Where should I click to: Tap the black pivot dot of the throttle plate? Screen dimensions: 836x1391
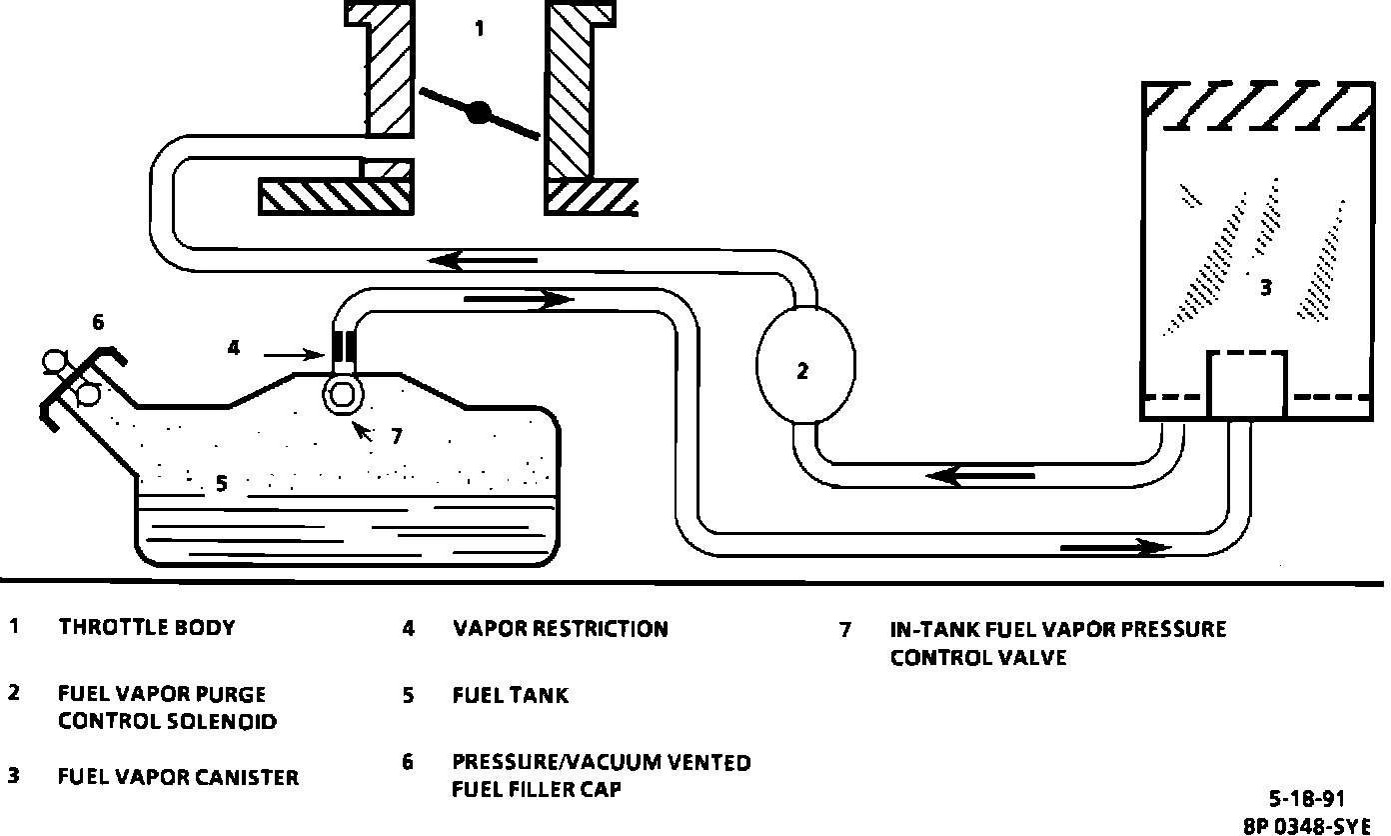[479, 113]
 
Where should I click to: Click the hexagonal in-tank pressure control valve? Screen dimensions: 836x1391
[341, 393]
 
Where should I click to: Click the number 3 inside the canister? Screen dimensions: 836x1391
[1265, 288]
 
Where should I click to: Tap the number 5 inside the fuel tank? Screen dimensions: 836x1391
[222, 484]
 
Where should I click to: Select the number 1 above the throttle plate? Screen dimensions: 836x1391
[480, 29]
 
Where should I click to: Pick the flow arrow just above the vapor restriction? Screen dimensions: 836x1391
[519, 298]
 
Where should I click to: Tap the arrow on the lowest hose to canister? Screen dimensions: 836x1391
[1114, 547]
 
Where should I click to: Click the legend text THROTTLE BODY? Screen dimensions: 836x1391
[147, 628]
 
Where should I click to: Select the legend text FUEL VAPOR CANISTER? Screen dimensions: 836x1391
[178, 776]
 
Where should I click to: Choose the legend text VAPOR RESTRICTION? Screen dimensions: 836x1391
[560, 629]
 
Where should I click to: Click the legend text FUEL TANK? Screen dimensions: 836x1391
[510, 695]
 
